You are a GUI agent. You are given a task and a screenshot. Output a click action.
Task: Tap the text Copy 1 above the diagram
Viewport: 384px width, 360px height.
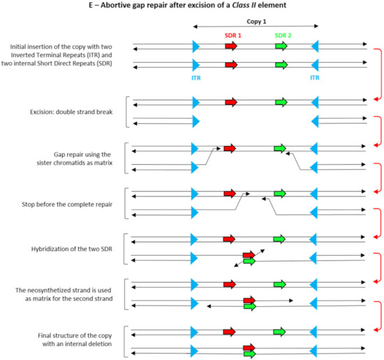(x=256, y=22)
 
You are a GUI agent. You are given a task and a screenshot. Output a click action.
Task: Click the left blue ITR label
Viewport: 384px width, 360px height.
(x=196, y=78)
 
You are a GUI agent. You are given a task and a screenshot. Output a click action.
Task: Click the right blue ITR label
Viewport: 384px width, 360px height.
(x=315, y=78)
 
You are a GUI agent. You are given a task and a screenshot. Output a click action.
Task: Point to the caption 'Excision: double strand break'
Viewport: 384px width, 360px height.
(x=66, y=113)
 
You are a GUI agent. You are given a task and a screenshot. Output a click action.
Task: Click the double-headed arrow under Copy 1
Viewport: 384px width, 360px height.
(x=256, y=27)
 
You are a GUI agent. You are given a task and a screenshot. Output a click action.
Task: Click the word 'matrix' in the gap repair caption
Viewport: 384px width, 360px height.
(x=105, y=162)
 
